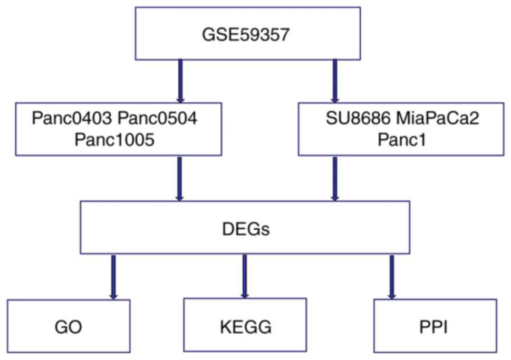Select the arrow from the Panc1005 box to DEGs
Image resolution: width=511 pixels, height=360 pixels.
(x=180, y=178)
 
